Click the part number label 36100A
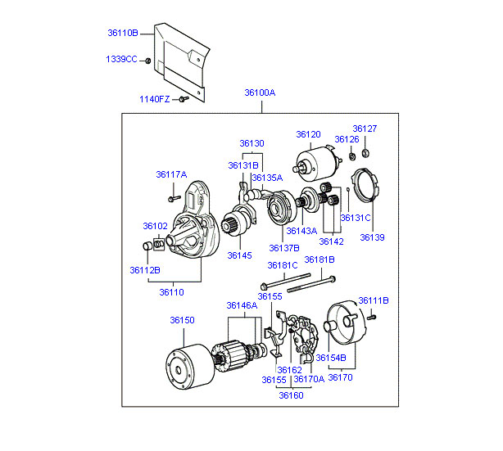click(x=260, y=92)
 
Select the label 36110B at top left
click(x=123, y=34)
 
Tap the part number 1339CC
click(x=121, y=60)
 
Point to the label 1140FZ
click(x=155, y=99)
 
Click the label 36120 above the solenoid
click(x=309, y=133)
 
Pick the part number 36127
click(x=365, y=129)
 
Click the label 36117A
click(x=171, y=174)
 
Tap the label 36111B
click(x=373, y=300)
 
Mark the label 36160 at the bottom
click(x=291, y=395)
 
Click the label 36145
click(x=240, y=255)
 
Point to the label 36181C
click(x=283, y=265)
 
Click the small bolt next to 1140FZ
click(x=184, y=98)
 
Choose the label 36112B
click(x=145, y=269)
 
